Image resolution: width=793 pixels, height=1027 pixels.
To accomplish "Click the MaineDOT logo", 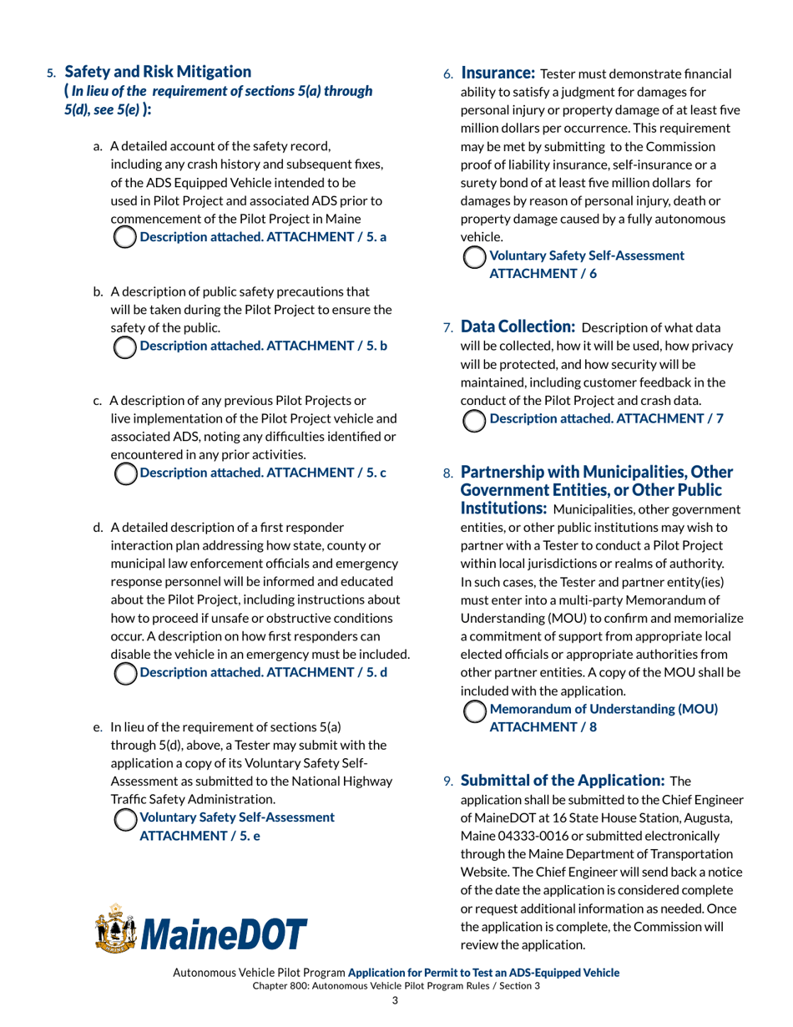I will (x=201, y=932).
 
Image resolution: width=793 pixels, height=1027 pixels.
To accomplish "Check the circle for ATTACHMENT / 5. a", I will (x=124, y=236).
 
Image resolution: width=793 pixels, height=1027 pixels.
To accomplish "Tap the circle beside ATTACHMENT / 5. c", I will (x=124, y=473).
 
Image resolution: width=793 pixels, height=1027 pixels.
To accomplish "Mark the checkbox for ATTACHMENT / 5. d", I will (x=124, y=672).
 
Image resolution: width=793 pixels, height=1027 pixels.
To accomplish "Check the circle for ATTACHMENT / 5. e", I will (x=124, y=821).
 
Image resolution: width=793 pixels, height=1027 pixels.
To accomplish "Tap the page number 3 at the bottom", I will (x=396, y=1002).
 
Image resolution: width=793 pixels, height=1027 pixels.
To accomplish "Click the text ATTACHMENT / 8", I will (x=542, y=726).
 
